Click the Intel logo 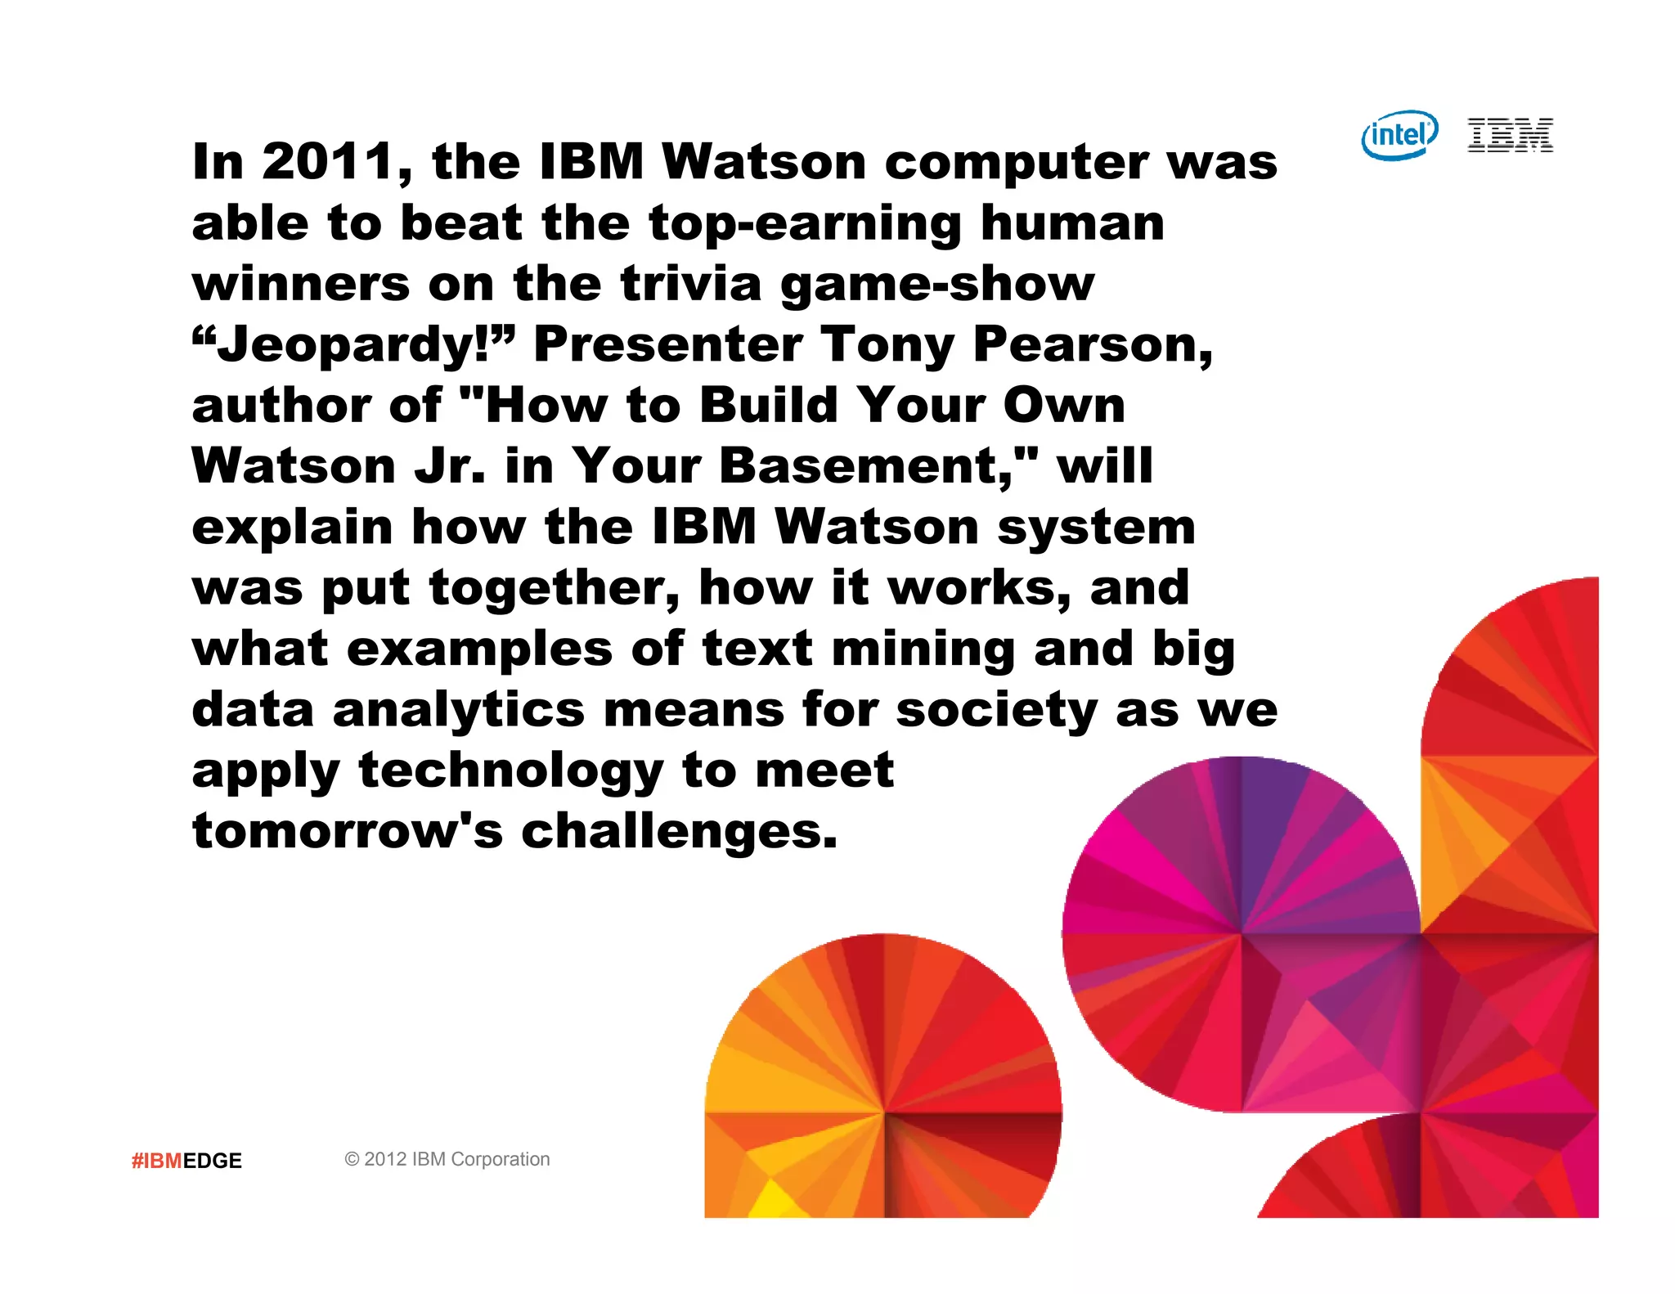pyautogui.click(x=1399, y=135)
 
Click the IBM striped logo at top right pyautogui.click(x=1510, y=135)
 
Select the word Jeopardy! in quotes pyautogui.click(x=354, y=345)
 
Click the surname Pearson pyautogui.click(x=1091, y=345)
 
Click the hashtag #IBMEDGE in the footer pyautogui.click(x=186, y=1161)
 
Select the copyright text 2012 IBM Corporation pyautogui.click(x=447, y=1159)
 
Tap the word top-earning pyautogui.click(x=805, y=224)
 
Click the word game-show pyautogui.click(x=937, y=285)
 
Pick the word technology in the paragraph pyautogui.click(x=510, y=771)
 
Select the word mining pyautogui.click(x=923, y=649)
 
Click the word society pyautogui.click(x=995, y=710)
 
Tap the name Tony pyautogui.click(x=887, y=345)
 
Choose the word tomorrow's pyautogui.click(x=347, y=832)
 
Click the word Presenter pyautogui.click(x=667, y=345)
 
